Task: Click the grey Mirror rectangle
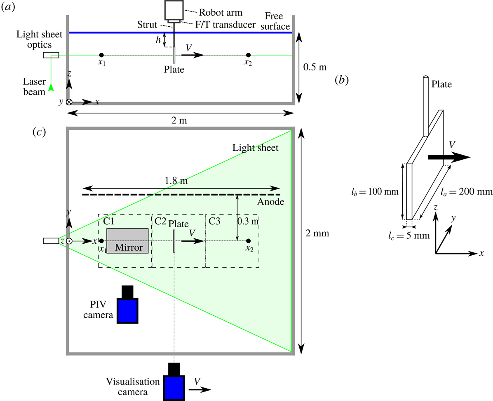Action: click(128, 240)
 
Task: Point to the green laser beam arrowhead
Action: click(51, 87)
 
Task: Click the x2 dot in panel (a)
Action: click(248, 55)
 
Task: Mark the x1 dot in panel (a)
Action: click(101, 55)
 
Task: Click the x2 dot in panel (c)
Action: click(248, 241)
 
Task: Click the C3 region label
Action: click(215, 221)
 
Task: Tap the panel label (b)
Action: click(342, 79)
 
